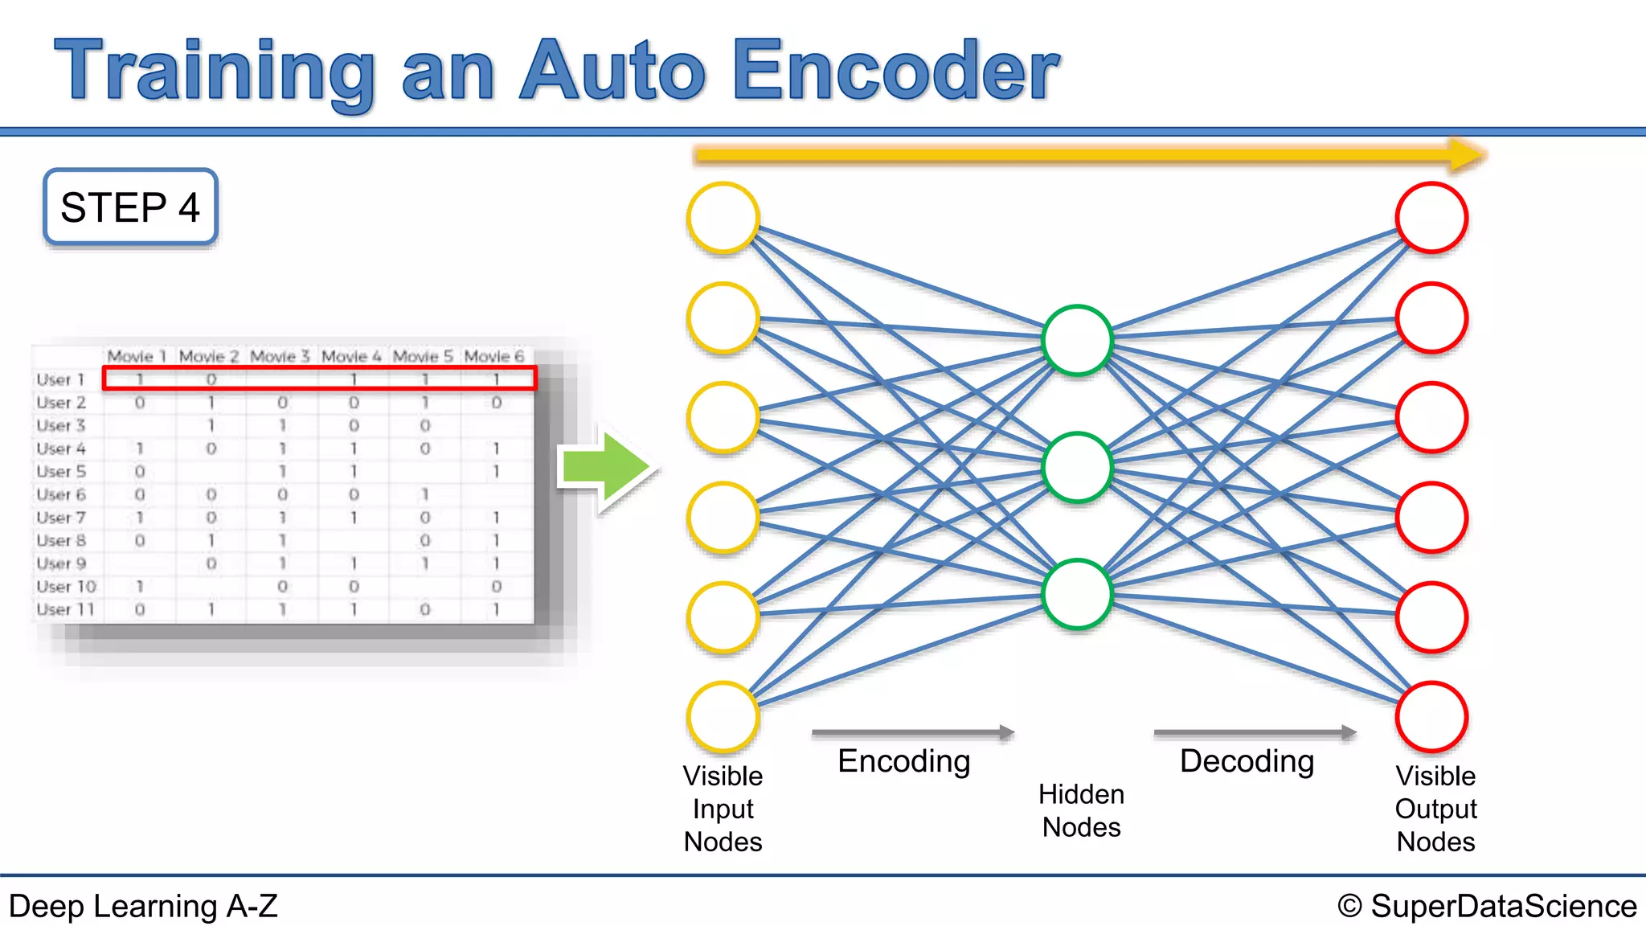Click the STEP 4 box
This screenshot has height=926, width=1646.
[130, 207]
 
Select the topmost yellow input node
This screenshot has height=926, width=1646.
[723, 218]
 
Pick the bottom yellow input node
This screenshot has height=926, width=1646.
[723, 717]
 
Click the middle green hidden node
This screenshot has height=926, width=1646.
[1077, 468]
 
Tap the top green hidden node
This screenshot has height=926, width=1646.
[1077, 341]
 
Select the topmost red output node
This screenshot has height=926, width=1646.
[1431, 218]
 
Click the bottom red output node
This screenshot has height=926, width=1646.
[1431, 717]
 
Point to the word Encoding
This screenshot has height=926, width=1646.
[904, 761]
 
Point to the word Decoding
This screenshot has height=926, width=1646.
[1247, 761]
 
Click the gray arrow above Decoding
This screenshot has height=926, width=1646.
[1254, 732]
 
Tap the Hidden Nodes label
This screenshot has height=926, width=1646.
[1081, 810]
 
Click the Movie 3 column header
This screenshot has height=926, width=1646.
[280, 356]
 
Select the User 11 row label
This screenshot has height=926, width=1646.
[65, 609]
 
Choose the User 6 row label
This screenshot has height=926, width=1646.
[61, 494]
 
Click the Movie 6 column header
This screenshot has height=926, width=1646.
[493, 356]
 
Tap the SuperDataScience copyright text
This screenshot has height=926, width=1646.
[1487, 906]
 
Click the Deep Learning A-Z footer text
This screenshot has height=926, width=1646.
[143, 906]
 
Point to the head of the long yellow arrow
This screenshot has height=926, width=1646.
[1467, 154]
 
